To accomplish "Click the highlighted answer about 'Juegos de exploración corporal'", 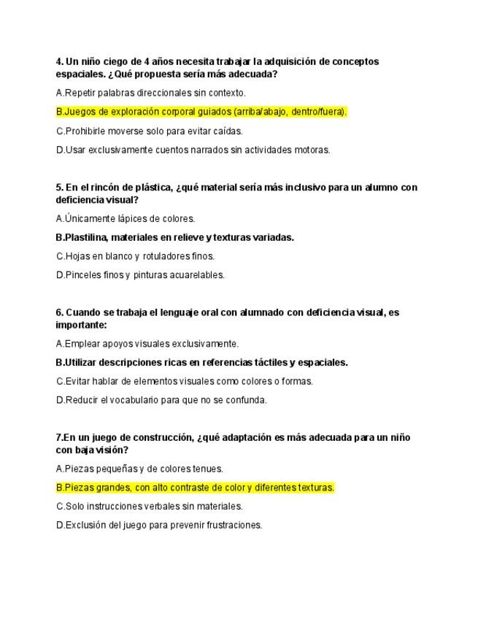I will click(x=201, y=112).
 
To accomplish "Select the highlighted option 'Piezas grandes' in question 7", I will click(x=195, y=488).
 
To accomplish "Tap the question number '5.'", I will click(x=59, y=188).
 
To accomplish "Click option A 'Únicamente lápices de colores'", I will click(x=126, y=218).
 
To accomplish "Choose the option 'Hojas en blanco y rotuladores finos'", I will click(x=135, y=256).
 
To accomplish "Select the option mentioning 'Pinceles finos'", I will click(x=140, y=275).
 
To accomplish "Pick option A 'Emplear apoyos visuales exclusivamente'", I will click(x=147, y=344).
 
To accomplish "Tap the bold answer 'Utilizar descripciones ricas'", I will click(x=201, y=362).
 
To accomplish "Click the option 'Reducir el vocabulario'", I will click(x=161, y=400).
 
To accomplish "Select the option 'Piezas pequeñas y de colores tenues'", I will click(x=139, y=469).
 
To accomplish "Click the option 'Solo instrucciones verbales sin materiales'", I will click(x=149, y=506).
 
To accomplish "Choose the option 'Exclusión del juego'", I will click(x=158, y=525).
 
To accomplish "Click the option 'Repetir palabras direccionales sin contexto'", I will click(x=150, y=93).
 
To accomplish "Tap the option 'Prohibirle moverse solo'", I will click(x=149, y=131).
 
